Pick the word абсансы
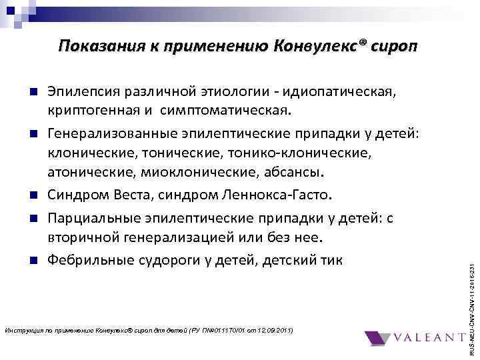[297, 173]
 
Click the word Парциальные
[92, 218]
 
